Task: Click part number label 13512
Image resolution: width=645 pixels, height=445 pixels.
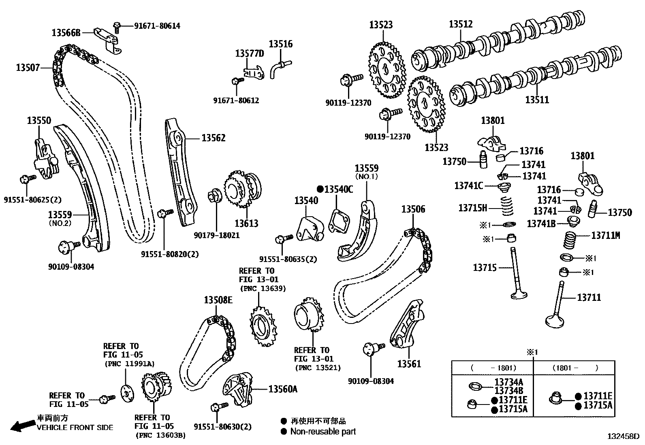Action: [460, 24]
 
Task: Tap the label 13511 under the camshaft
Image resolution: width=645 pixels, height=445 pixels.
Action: [537, 100]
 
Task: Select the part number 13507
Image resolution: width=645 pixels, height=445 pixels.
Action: [28, 67]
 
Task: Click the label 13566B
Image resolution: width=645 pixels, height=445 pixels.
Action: [66, 33]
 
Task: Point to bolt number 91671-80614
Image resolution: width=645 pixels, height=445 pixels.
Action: [157, 26]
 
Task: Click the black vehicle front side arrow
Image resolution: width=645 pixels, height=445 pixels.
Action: [22, 425]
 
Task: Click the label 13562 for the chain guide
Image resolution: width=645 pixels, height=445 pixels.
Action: [214, 138]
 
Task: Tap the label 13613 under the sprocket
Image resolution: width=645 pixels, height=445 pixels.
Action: [246, 223]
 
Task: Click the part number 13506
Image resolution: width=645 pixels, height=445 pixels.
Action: [413, 209]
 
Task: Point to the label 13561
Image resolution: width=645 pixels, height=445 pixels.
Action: [409, 364]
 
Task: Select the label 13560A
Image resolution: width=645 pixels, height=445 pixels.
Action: [283, 389]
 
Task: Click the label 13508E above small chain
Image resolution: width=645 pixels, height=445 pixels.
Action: [218, 300]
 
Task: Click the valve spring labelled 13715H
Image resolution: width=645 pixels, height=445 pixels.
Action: [506, 207]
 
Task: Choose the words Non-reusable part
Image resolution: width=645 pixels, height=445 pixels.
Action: [323, 432]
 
